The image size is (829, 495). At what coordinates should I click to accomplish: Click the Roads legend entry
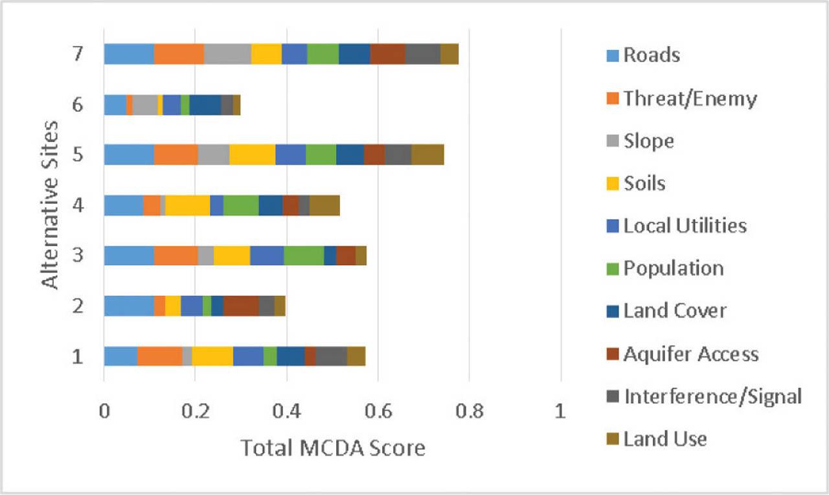click(652, 55)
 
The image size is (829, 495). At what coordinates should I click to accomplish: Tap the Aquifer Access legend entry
click(690, 354)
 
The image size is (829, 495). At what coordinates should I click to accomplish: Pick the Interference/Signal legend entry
click(712, 397)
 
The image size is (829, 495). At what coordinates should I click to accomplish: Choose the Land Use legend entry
click(665, 439)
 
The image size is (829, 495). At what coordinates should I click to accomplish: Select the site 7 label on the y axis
click(78, 54)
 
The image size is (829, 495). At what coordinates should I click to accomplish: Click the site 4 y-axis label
click(78, 205)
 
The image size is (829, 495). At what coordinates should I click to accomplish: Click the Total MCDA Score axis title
click(333, 448)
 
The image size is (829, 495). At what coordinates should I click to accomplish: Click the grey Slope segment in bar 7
click(227, 54)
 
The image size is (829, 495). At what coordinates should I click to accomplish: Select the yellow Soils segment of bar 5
click(252, 155)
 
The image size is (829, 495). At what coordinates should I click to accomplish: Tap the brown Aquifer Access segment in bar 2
click(241, 306)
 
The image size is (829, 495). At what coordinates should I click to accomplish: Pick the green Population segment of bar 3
click(304, 255)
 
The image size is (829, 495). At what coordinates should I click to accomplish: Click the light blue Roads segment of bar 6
click(115, 104)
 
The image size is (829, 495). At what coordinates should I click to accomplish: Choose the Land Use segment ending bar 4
click(324, 205)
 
